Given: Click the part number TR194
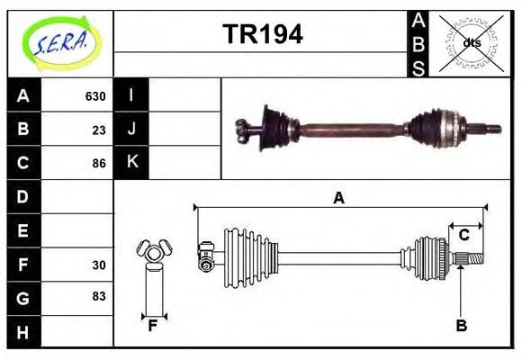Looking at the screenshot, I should point(262,34).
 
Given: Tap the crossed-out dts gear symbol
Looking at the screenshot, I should point(471,42).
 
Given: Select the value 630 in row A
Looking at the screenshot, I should point(95,96).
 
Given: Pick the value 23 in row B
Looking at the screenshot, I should point(99,130).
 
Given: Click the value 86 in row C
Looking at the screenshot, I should point(99,164).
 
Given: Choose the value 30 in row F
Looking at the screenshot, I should point(99,265).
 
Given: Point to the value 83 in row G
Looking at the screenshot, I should point(99,296).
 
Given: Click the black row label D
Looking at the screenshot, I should point(22,196).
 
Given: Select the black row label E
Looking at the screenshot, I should point(22,230).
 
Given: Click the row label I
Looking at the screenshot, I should point(132,95).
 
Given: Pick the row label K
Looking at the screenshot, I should point(132,163).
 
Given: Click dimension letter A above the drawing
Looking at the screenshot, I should point(338,199).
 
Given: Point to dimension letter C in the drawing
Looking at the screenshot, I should point(463,236).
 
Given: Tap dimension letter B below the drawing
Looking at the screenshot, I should point(461,326).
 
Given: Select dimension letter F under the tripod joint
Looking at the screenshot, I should point(153,326).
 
